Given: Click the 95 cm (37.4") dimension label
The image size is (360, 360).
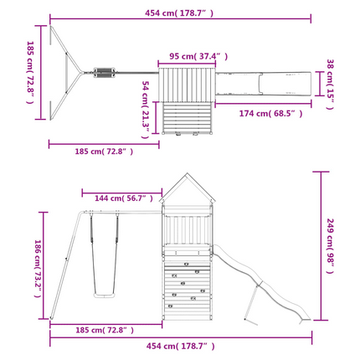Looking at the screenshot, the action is click(x=198, y=56).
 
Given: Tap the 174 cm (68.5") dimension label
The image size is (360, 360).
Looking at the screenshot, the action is click(x=270, y=113).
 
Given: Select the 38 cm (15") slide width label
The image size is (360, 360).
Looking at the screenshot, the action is click(x=330, y=85).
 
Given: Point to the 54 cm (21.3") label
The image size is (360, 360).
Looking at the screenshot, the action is click(x=146, y=110).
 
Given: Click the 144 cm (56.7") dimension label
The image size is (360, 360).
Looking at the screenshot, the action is click(x=124, y=198).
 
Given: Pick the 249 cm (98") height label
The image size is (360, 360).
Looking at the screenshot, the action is click(x=330, y=246).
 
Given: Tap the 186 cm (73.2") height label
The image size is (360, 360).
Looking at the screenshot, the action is click(x=38, y=269).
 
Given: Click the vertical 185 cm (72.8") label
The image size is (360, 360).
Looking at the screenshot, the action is click(x=30, y=72).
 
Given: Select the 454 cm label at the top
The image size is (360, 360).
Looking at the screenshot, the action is click(x=179, y=13).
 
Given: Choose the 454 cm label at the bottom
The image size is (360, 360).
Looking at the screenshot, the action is click(x=181, y=346).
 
